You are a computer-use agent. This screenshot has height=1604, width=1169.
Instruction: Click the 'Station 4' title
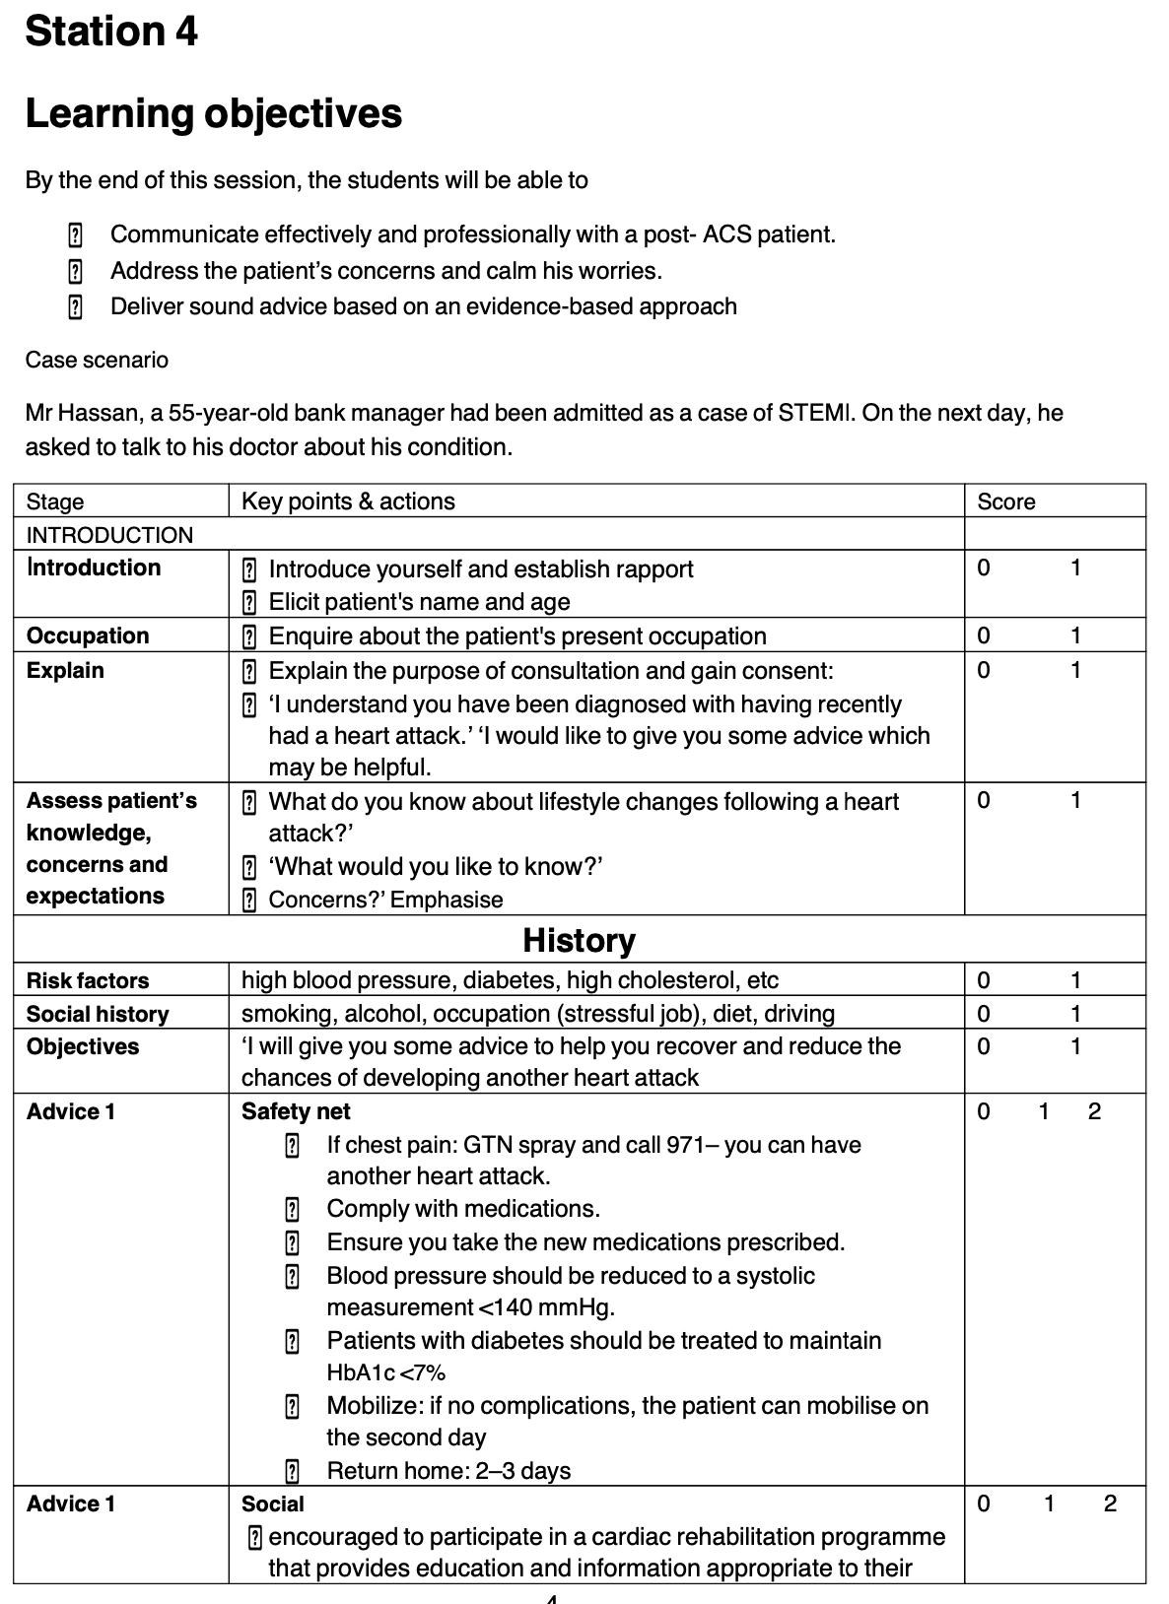pos(111,32)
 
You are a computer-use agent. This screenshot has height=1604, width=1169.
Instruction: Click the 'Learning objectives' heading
pos(213,113)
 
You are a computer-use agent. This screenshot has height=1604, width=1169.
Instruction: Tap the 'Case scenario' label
pos(97,360)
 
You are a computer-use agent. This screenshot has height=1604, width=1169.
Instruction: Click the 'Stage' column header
pos(55,501)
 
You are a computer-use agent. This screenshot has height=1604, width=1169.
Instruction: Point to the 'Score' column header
pos(1005,501)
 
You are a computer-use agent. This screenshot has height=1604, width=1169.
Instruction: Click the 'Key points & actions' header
pos(348,501)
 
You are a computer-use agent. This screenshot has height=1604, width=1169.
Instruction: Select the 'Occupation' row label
pos(88,635)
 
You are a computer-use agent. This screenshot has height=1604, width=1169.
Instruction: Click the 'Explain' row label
pos(65,670)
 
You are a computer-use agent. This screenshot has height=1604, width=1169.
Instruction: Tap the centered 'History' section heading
pos(579,940)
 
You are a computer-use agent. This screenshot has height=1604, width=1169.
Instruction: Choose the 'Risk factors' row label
pos(88,980)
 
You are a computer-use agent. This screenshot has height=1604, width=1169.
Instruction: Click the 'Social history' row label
pos(98,1014)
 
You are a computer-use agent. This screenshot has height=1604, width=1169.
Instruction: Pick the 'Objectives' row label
pos(83,1046)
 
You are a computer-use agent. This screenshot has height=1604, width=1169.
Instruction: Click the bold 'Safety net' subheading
pos(296,1111)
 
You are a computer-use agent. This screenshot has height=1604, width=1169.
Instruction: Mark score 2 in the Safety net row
pos(1094,1111)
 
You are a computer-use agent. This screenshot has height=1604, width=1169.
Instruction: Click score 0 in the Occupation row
pos(983,635)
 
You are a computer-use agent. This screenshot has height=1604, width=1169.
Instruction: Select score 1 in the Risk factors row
pos(1075,980)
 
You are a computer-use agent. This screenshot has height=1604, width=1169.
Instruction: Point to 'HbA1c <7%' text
pos(385,1372)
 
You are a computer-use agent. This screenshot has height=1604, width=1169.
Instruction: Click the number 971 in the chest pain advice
pos(685,1145)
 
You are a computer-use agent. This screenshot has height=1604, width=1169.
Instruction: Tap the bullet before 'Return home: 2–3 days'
pos(292,1472)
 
